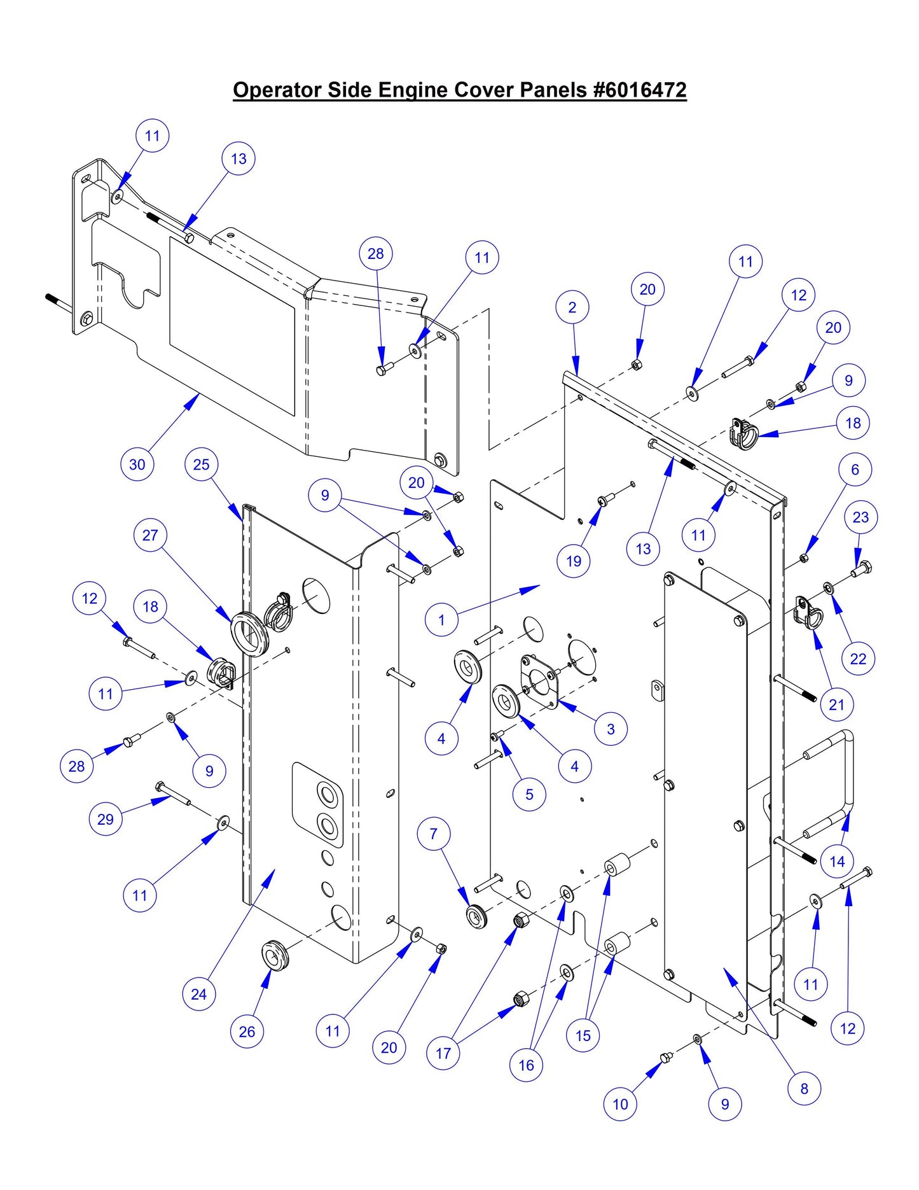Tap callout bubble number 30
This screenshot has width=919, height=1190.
click(137, 465)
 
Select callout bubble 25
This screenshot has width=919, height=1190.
click(201, 465)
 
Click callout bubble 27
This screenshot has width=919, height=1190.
click(150, 535)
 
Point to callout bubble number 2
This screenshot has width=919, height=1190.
click(572, 307)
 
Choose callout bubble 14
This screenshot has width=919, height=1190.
click(837, 862)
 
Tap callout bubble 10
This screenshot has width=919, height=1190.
click(620, 1104)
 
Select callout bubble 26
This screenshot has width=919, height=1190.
click(247, 1032)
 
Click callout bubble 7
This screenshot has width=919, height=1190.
click(434, 834)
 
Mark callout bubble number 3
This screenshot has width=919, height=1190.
click(611, 729)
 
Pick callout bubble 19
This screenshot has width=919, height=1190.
click(574, 561)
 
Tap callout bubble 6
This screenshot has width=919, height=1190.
click(855, 470)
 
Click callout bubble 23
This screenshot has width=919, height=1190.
click(860, 517)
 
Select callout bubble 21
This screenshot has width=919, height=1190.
click(836, 704)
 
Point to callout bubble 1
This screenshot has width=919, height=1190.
click(441, 619)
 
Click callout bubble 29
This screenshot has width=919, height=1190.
click(106, 819)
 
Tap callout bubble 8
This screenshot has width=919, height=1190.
click(804, 1088)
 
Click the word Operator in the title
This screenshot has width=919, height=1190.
click(277, 90)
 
